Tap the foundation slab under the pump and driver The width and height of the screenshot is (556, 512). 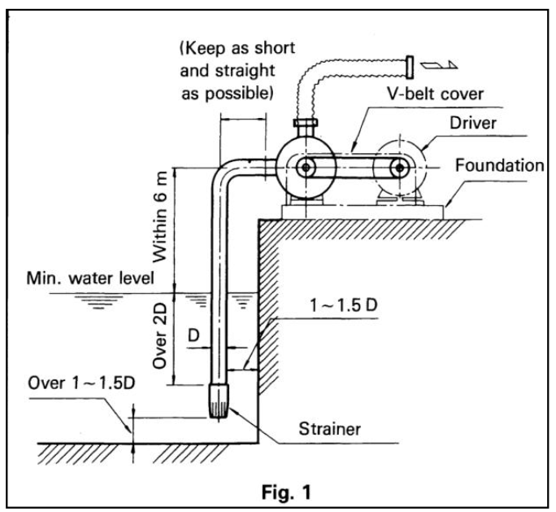(x=361, y=210)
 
